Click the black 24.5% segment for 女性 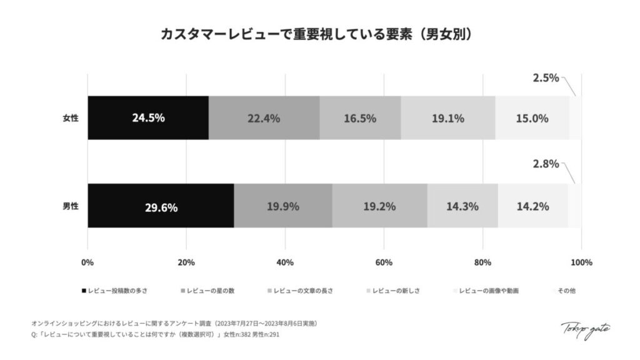tap(148, 117)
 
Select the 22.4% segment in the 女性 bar tap(264, 117)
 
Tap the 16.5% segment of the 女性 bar tap(360, 117)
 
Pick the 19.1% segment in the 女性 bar tap(447, 117)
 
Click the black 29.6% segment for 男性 tap(161, 206)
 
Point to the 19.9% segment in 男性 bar tap(282, 206)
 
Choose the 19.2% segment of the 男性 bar tap(379, 206)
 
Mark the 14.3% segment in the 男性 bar tap(462, 206)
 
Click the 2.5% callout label tap(546, 79)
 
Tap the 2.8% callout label tap(546, 164)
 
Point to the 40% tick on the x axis tap(285, 262)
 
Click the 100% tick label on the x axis tap(581, 262)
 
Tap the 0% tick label tap(87, 262)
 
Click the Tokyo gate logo tap(585, 331)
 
